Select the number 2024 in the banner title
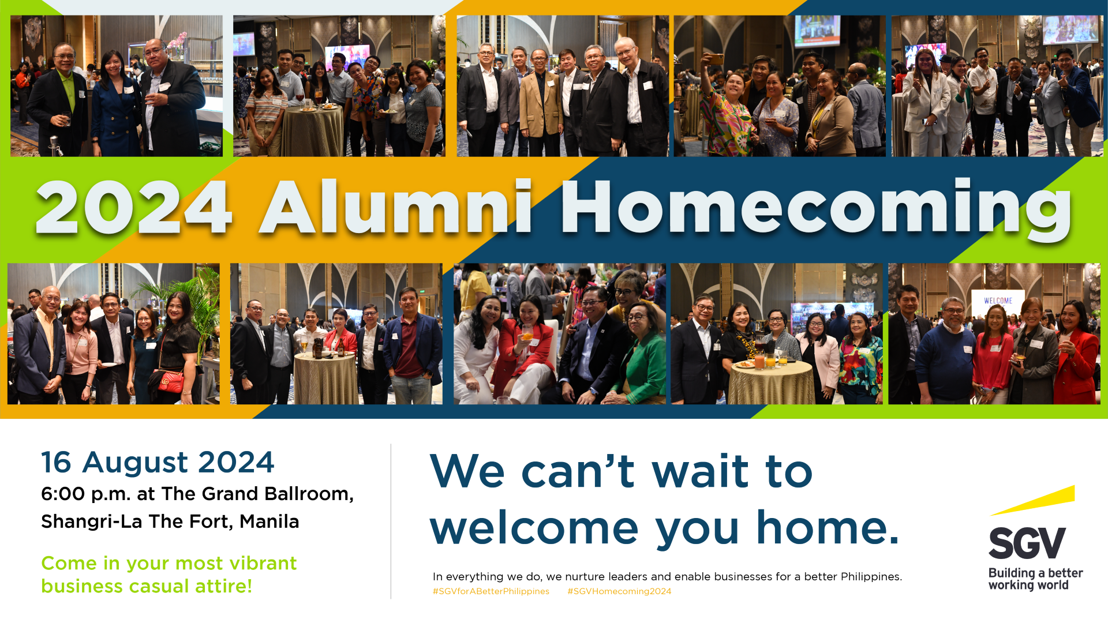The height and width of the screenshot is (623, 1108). click(134, 207)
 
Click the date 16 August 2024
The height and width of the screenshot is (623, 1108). click(158, 463)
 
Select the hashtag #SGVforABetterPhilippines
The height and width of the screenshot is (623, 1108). click(491, 591)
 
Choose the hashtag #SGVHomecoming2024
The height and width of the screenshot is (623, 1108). click(619, 591)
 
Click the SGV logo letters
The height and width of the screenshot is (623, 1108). click(1027, 543)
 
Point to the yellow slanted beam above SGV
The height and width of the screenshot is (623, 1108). click(1032, 500)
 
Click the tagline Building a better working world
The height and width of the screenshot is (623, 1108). click(1035, 579)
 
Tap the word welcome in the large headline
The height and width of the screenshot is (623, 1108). click(534, 528)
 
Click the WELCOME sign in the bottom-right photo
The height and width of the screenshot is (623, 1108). click(998, 301)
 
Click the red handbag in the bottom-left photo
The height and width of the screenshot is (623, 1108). click(171, 381)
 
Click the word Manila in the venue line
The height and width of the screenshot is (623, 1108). click(269, 521)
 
